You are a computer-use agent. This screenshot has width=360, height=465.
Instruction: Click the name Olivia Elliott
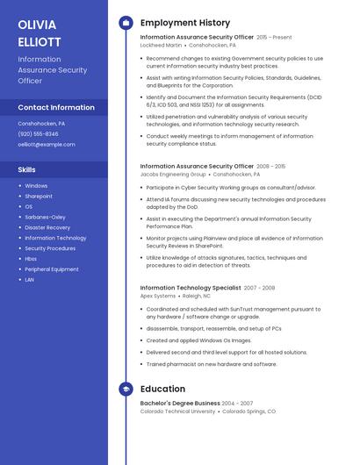tap(39, 32)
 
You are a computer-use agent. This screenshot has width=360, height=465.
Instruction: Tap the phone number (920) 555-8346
tap(38, 133)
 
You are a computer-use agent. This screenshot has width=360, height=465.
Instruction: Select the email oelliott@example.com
tap(47, 144)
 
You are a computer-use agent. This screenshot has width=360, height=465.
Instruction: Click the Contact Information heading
tap(56, 108)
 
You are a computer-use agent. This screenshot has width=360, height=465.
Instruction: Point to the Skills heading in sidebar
tap(27, 169)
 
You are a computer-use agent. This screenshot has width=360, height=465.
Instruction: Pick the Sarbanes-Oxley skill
tap(45, 217)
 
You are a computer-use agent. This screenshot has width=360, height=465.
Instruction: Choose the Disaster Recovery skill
tap(47, 227)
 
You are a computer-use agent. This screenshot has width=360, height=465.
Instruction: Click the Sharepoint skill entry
tap(39, 197)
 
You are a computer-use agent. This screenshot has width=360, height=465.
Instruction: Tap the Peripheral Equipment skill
tap(52, 269)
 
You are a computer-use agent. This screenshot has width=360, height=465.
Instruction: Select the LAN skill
tap(30, 280)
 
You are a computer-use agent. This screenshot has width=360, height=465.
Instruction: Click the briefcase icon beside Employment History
tap(125, 23)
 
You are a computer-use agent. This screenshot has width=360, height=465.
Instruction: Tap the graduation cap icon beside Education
tap(125, 389)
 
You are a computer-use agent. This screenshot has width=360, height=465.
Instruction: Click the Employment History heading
tap(185, 23)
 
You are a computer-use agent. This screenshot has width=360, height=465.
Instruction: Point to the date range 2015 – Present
tap(274, 37)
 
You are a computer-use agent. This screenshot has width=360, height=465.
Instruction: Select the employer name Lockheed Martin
tap(162, 45)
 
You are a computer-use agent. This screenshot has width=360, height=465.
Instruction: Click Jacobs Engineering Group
tap(173, 174)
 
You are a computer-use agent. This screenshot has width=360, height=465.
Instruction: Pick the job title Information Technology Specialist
tap(190, 288)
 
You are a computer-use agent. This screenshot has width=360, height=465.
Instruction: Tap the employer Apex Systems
tap(158, 296)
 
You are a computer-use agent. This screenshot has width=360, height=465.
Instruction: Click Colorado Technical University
tap(177, 411)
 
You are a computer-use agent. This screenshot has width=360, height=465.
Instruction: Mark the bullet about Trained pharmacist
tap(211, 364)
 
